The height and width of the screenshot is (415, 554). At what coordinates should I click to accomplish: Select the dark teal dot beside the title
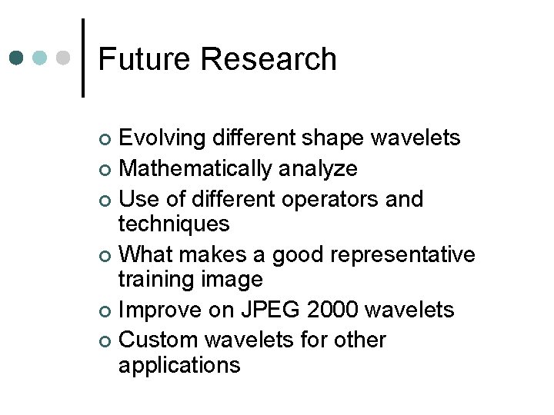tap(17, 58)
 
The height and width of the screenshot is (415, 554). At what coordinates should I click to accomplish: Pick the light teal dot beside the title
tap(41, 58)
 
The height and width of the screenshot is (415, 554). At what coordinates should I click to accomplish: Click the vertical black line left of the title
tap(82, 58)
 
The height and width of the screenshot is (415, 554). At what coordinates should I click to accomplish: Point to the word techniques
tap(174, 224)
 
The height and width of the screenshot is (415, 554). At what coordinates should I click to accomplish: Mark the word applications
tap(179, 365)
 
